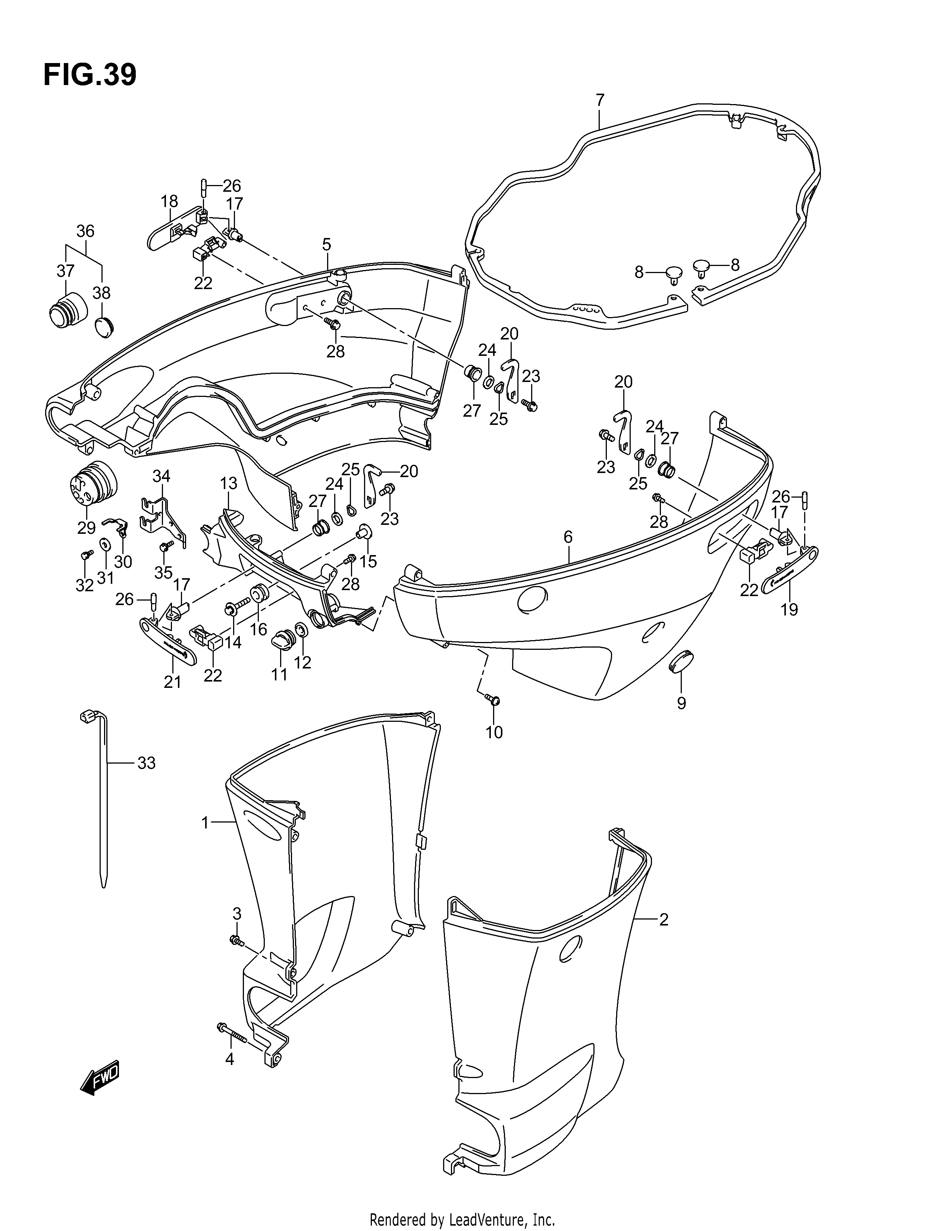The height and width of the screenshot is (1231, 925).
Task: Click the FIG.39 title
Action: tap(90, 75)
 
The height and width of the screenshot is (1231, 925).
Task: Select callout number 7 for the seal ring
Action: tap(599, 100)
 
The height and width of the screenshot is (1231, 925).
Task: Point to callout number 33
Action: tap(146, 763)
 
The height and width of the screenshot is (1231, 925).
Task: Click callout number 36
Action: tap(85, 231)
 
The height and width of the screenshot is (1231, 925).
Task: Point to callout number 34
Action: tap(162, 476)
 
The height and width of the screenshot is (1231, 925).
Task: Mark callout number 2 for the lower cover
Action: tap(664, 920)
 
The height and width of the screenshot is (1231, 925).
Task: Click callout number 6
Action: tap(568, 537)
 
